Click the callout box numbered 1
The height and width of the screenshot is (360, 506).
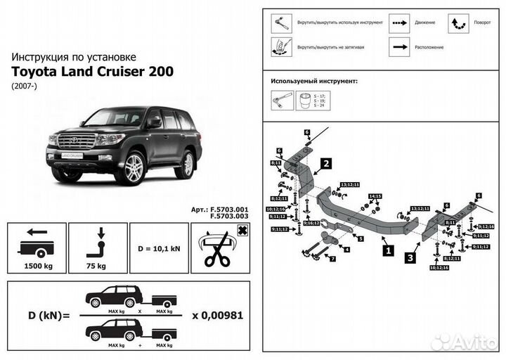tap(386, 248)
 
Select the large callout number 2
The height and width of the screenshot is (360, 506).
tap(325, 165)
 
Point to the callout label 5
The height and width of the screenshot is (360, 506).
tap(361, 239)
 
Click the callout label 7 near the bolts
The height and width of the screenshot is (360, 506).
tap(332, 259)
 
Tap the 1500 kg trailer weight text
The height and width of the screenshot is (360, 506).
tap(37, 266)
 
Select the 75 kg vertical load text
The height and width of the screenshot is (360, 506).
tap(98, 266)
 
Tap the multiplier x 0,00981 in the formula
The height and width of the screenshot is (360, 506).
tap(218, 314)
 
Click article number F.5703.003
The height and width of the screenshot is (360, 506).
tap(229, 217)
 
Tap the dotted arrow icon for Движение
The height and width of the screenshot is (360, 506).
tap(401, 22)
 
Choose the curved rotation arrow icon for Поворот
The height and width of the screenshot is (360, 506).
tap(458, 22)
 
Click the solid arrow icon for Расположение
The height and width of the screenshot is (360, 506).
tap(401, 47)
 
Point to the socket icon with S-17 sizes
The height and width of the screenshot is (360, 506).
tap(306, 101)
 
